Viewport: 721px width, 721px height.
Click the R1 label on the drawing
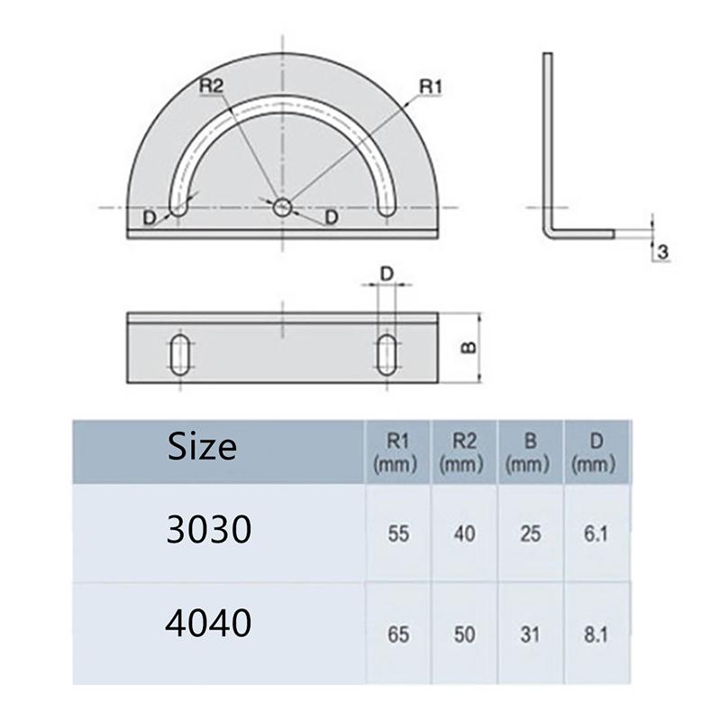(431, 87)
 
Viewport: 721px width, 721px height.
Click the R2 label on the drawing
(211, 86)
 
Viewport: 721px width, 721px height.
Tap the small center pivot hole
(282, 207)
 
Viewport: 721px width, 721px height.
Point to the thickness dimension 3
(662, 252)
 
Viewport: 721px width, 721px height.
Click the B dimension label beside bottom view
(469, 348)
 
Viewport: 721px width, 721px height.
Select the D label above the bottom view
(388, 274)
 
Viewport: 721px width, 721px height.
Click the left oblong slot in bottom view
(179, 354)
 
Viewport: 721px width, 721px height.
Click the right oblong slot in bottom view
(387, 354)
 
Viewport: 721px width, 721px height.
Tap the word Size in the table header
(202, 447)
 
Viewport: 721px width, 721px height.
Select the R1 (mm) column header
(396, 452)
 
